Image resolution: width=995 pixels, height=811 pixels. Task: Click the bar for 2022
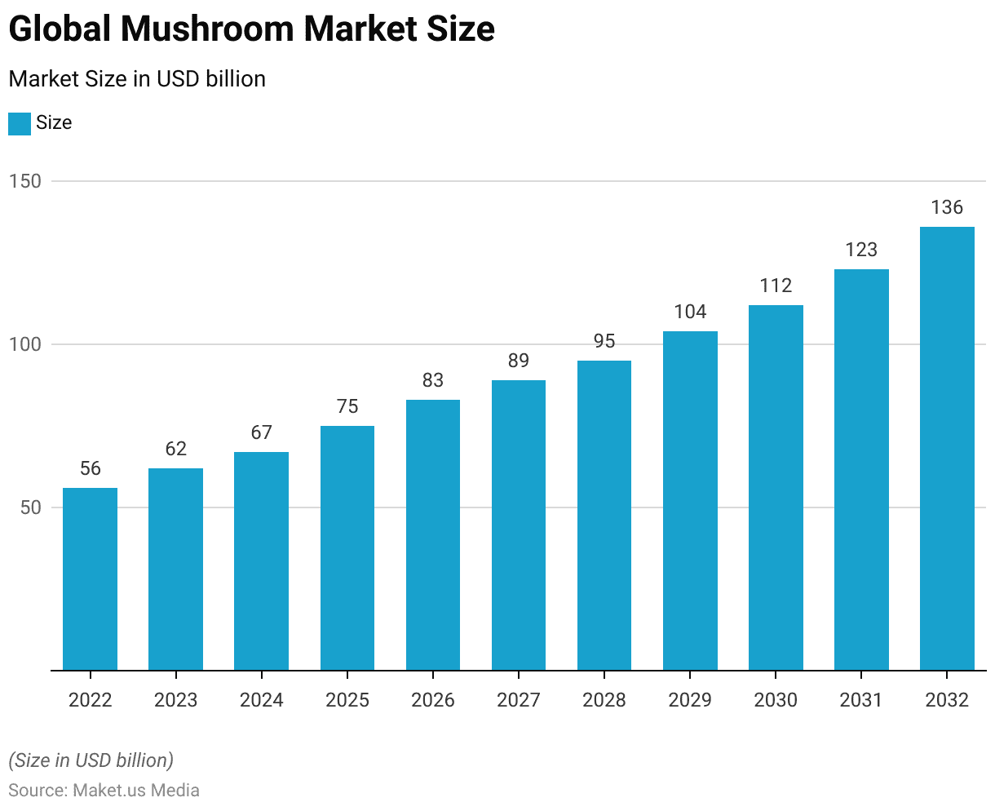click(90, 579)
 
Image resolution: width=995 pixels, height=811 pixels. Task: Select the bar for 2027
click(519, 525)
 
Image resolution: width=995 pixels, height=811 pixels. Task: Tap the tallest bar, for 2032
click(947, 449)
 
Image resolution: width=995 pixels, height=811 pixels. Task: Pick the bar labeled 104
click(690, 501)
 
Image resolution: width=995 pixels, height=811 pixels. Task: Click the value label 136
click(947, 207)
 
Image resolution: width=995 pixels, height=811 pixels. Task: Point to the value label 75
click(347, 406)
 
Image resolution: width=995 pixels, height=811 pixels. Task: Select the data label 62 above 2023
click(175, 449)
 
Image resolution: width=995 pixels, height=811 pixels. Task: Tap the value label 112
click(776, 286)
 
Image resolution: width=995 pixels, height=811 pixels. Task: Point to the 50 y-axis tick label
click(30, 507)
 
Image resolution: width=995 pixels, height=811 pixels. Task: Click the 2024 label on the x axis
click(262, 700)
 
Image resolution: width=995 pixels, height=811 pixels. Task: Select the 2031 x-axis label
click(861, 700)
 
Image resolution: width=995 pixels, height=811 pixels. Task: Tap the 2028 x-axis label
click(604, 700)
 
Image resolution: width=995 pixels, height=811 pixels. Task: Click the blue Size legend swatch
click(20, 123)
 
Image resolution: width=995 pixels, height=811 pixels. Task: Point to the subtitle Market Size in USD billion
click(137, 79)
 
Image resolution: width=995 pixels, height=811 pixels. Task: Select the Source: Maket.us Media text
click(104, 790)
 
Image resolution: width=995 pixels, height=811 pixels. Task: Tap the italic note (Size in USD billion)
click(91, 760)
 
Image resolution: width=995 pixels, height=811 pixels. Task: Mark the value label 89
click(519, 361)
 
